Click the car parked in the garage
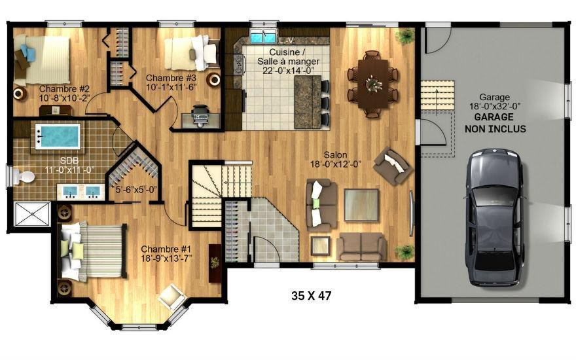495,217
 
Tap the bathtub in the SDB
58,136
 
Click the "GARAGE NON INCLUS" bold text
495,123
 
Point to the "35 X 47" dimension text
311,295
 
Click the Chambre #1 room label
166,254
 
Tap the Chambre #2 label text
64,94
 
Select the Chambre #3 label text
171,82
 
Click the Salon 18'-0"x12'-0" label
336,160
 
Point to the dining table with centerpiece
373,84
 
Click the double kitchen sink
262,37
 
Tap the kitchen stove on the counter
238,64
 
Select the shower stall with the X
31,214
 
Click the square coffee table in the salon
361,205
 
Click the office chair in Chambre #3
200,115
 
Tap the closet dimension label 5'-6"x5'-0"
136,190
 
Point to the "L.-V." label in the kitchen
287,41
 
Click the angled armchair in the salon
391,166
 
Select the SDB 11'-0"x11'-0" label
69,166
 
